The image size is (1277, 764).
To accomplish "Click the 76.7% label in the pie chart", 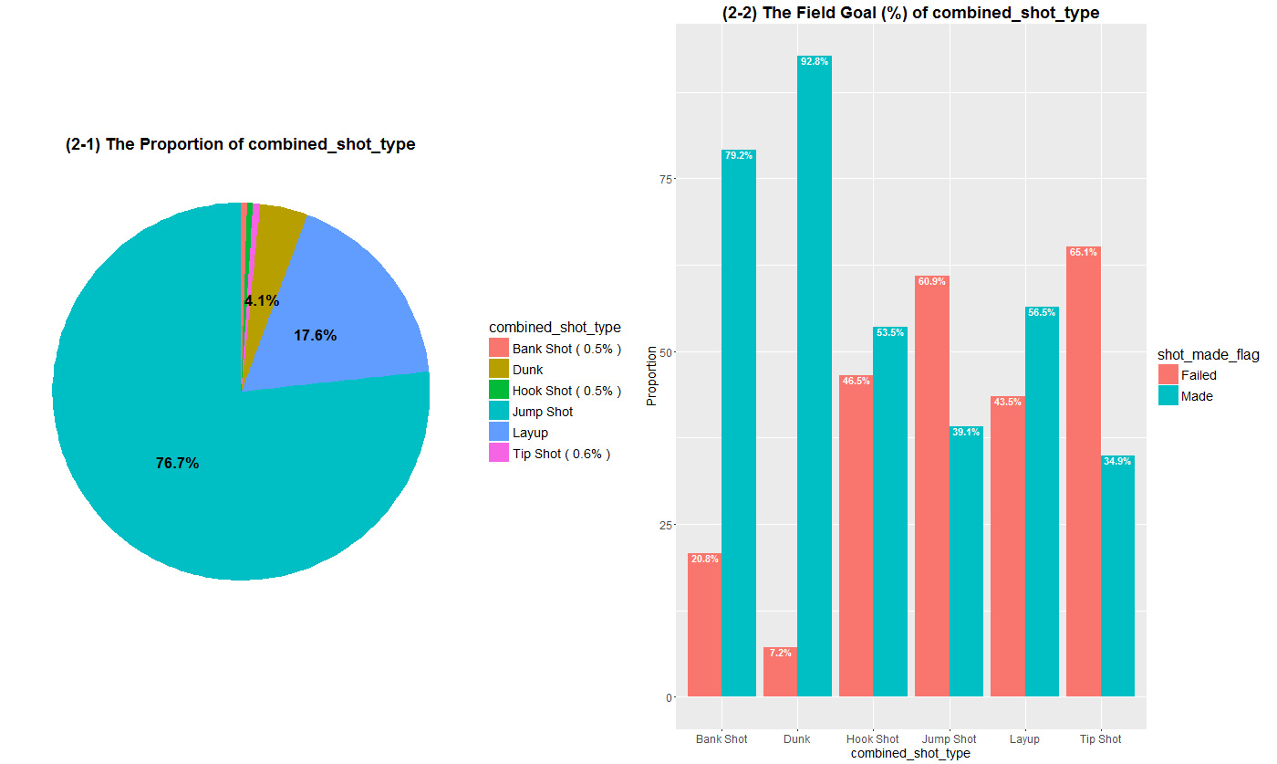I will (x=177, y=464).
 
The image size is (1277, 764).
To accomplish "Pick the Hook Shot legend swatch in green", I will (x=499, y=391).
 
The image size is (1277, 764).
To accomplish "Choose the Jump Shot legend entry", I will (x=542, y=412).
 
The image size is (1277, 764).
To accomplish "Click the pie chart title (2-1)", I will (x=241, y=144).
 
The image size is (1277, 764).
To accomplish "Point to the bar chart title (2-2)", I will (x=910, y=13).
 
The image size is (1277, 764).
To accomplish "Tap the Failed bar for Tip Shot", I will (x=1083, y=475).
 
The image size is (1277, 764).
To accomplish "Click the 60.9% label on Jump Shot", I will (x=931, y=282).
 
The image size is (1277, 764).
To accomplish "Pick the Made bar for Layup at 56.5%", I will (x=1042, y=502).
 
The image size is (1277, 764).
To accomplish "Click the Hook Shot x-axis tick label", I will (x=872, y=739).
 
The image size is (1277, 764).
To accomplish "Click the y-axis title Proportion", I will (x=651, y=375).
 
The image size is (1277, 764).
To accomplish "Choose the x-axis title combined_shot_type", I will (x=909, y=754).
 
